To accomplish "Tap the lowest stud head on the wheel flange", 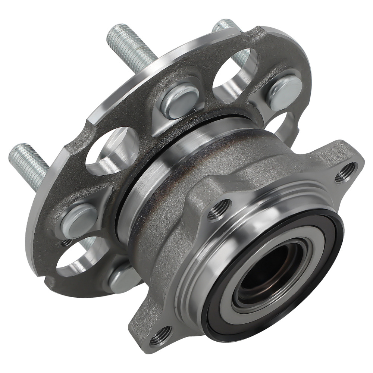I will pyautogui.click(x=123, y=278).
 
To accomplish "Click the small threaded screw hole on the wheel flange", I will pyautogui.click(x=67, y=243).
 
